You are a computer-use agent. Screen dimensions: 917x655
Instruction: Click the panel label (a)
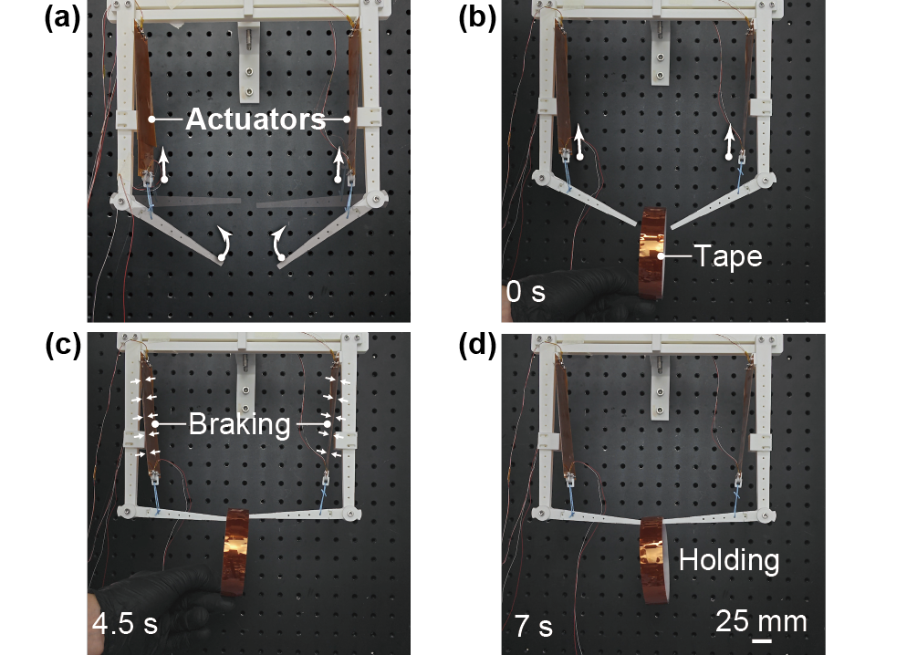click(x=62, y=19)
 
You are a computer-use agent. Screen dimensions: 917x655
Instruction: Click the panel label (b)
click(x=477, y=19)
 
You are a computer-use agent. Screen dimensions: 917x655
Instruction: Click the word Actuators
click(x=255, y=120)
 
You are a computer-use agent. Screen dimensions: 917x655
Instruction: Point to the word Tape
click(x=728, y=256)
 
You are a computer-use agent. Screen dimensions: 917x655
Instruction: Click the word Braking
click(x=240, y=424)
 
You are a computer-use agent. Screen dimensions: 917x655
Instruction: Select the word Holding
click(x=729, y=560)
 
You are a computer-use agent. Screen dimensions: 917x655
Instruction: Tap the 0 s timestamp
click(x=526, y=291)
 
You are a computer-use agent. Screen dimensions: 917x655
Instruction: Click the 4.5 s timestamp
click(x=125, y=623)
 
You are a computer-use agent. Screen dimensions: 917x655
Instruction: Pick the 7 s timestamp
click(x=534, y=626)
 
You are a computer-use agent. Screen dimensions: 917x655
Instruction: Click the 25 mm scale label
click(x=761, y=620)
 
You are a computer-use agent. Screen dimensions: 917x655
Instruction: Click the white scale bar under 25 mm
click(x=761, y=641)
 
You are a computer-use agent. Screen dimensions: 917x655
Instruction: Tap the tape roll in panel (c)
click(x=235, y=553)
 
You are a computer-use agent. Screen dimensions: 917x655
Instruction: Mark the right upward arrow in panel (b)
click(x=729, y=141)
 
